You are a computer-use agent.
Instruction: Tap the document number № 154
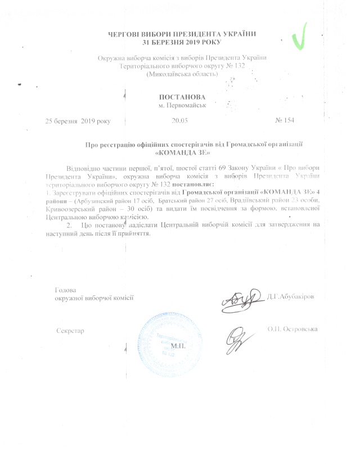[285, 120]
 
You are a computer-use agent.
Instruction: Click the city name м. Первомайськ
[181, 106]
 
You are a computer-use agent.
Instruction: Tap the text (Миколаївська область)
[181, 74]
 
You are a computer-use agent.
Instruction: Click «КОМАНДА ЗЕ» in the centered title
[181, 152]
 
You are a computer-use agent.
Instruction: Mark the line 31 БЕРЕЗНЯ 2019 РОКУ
[181, 42]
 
